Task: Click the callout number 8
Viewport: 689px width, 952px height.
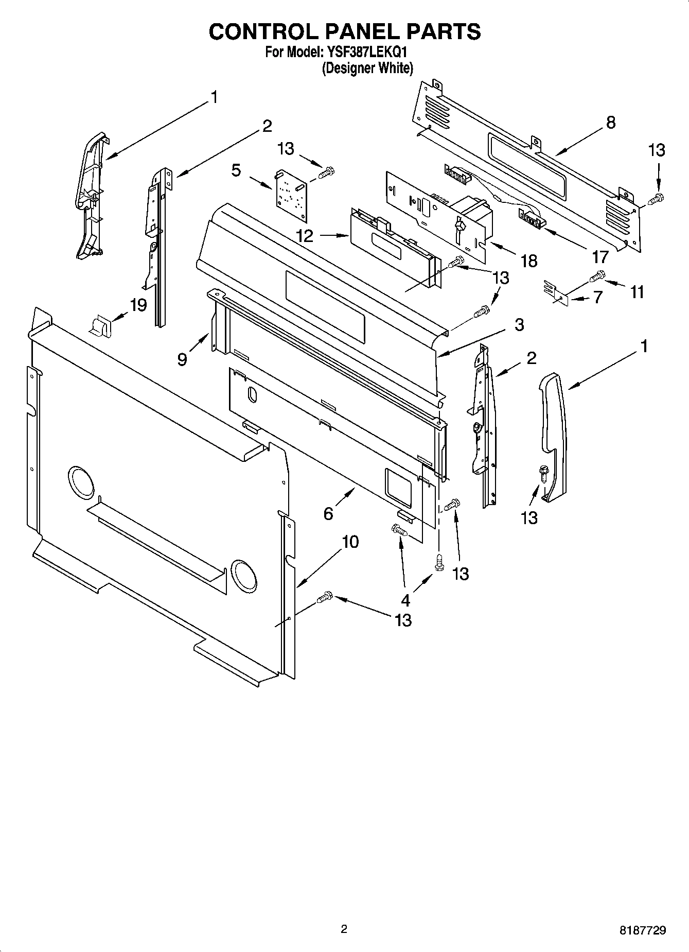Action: coord(611,123)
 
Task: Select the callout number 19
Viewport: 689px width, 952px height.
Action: coord(138,305)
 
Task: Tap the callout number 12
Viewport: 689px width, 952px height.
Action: coord(305,236)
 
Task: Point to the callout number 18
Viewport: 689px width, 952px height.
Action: coord(528,261)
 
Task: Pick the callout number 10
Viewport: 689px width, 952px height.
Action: coord(350,542)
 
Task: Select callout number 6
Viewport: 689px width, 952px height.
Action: coord(328,513)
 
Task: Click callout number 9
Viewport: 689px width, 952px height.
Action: coord(182,359)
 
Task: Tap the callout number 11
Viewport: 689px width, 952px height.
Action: coord(637,292)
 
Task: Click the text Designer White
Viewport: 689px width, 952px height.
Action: coord(367,68)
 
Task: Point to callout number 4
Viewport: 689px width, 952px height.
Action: coord(406,600)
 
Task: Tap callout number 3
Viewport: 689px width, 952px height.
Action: coord(519,325)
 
